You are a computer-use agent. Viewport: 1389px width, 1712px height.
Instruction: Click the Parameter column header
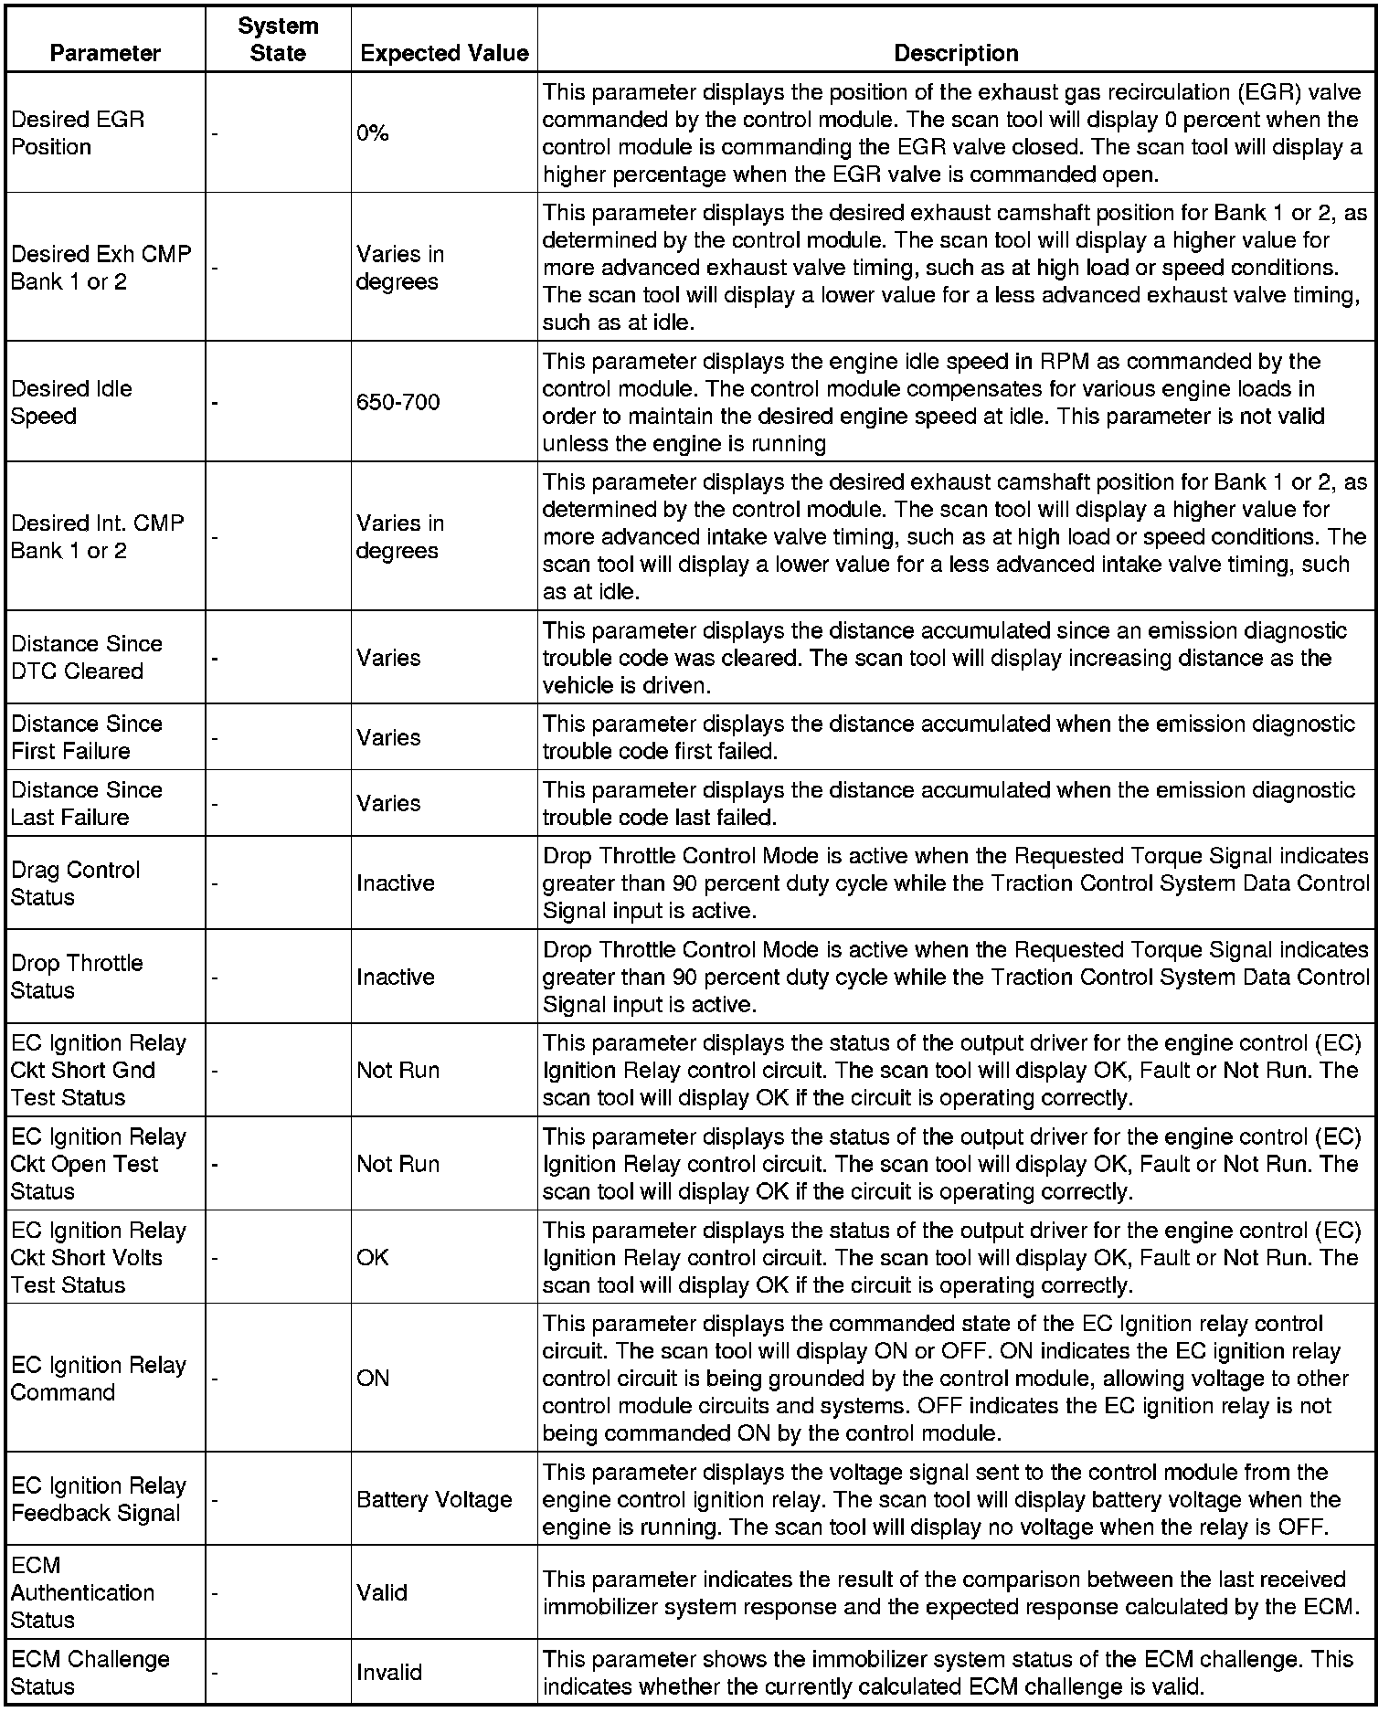pos(105,53)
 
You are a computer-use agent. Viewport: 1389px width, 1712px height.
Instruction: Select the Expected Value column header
pos(444,53)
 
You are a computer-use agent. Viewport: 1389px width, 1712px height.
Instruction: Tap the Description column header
pos(956,53)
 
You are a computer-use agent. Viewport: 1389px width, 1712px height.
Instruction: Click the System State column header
pos(278,39)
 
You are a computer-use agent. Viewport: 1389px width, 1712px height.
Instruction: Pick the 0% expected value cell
pos(373,133)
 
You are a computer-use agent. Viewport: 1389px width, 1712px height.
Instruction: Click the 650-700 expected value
pos(398,402)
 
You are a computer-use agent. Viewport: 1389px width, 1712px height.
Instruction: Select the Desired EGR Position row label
pos(78,133)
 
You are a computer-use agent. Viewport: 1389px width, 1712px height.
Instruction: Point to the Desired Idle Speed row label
pos(71,402)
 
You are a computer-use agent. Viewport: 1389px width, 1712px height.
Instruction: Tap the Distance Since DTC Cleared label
pos(87,657)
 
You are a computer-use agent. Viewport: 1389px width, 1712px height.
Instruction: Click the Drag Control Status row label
pos(75,882)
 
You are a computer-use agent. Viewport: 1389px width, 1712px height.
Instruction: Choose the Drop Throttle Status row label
pos(77,977)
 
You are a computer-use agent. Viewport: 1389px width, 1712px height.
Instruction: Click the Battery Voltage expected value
pos(434,1499)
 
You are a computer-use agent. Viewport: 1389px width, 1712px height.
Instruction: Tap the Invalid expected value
pos(389,1672)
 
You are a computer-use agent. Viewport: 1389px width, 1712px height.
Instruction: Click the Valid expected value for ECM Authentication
pos(382,1592)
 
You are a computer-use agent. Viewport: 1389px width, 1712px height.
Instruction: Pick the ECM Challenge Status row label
pos(90,1672)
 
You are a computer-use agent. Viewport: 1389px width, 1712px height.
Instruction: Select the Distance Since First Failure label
pos(87,737)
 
